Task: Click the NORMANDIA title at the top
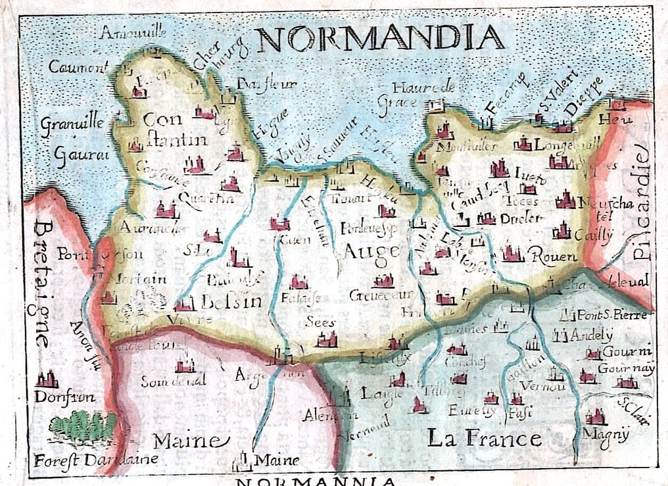click(x=382, y=39)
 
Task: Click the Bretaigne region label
click(x=41, y=283)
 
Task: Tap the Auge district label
click(x=371, y=251)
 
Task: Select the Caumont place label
click(x=78, y=66)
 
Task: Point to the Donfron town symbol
click(x=47, y=380)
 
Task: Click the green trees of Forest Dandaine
click(x=82, y=424)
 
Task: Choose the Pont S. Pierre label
click(x=613, y=314)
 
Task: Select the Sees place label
click(x=321, y=322)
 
